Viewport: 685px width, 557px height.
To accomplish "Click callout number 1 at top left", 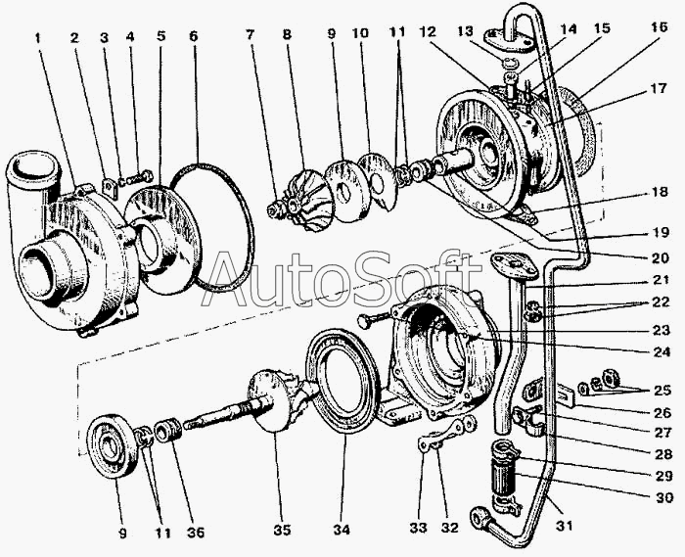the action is click(38, 38).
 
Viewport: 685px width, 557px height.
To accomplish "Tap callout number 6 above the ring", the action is click(194, 36).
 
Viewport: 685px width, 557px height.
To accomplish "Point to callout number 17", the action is click(659, 89).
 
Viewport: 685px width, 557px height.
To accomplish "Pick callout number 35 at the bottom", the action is click(282, 530).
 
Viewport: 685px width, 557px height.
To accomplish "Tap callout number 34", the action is click(342, 530).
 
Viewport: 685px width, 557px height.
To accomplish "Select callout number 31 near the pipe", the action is click(564, 526).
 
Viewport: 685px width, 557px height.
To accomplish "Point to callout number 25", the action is click(662, 390).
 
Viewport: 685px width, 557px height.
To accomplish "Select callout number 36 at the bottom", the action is click(195, 533).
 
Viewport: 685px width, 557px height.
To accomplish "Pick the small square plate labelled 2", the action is click(110, 188).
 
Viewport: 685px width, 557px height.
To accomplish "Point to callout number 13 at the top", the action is click(466, 32).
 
